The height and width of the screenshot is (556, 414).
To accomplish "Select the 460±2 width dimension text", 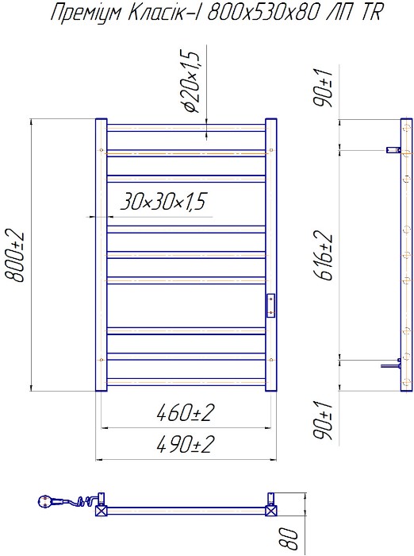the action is click(x=186, y=413).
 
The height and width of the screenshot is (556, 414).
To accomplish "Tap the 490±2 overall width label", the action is click(x=186, y=444).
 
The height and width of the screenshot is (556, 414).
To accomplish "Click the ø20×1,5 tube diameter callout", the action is click(x=192, y=81).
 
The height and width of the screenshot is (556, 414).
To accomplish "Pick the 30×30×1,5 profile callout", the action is click(x=163, y=202).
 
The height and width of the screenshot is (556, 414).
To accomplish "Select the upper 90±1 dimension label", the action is click(x=324, y=89).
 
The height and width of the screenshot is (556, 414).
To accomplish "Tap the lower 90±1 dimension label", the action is click(x=324, y=421).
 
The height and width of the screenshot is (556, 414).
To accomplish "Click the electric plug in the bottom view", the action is click(x=45, y=501).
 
